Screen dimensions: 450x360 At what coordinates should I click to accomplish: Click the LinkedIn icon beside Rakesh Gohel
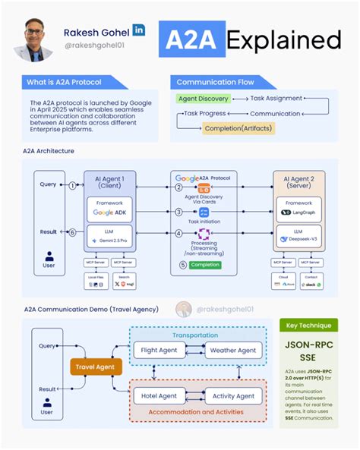140,30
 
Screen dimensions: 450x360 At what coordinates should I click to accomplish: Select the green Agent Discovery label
203,99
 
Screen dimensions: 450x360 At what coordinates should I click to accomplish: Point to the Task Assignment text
276,99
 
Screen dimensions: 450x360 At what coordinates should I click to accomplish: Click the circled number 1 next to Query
73,185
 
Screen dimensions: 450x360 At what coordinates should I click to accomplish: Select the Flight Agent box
159,350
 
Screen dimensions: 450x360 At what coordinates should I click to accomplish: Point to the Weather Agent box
234,350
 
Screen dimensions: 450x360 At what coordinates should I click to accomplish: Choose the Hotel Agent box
159,395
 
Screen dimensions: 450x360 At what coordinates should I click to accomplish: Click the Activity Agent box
234,395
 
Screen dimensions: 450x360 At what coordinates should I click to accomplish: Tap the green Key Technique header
308,325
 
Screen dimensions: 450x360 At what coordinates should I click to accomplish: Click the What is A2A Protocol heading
64,81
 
